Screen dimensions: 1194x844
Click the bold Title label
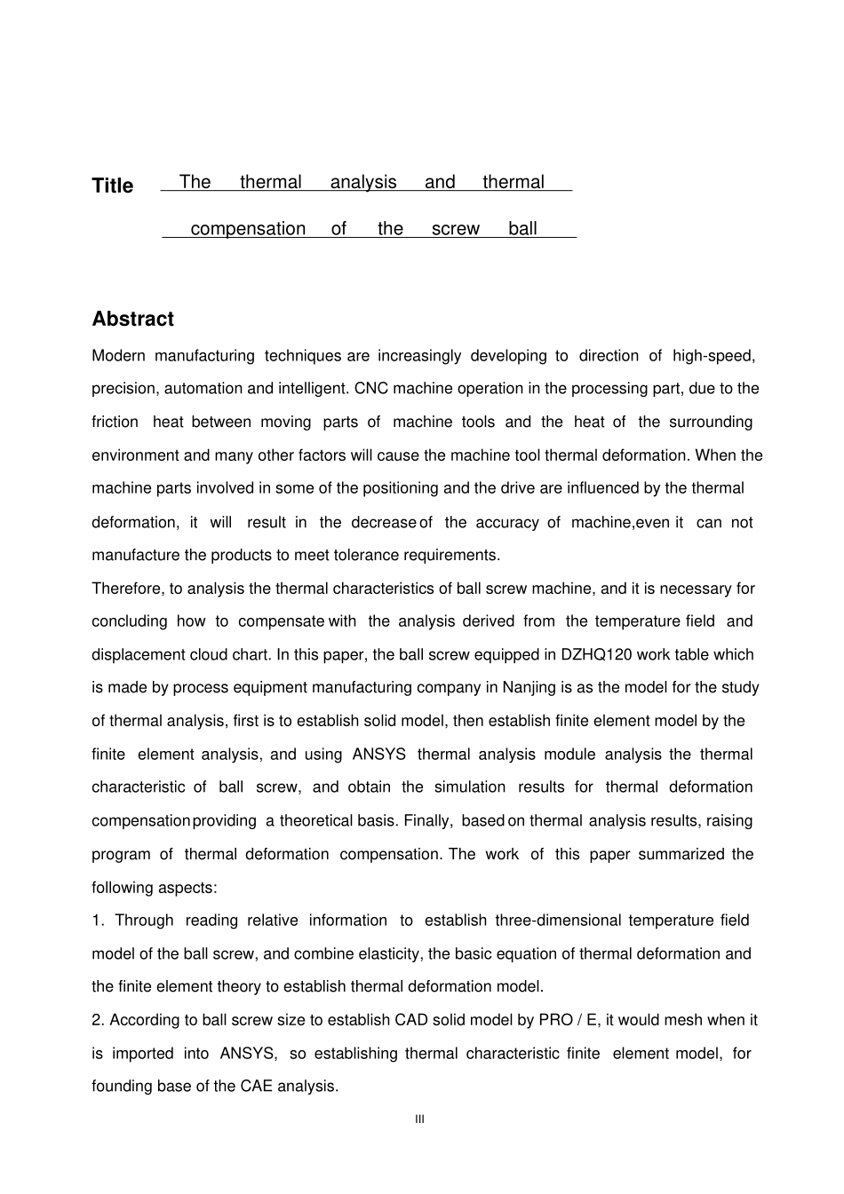pos(113,186)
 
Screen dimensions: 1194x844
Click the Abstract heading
pos(132,319)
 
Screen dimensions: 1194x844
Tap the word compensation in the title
pos(248,229)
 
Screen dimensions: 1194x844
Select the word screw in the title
pos(455,229)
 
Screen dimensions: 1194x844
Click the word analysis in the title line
pos(363,182)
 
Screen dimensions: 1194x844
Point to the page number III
pos(420,1119)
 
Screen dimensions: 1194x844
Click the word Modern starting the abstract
pos(118,356)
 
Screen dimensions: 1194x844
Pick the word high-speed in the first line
pos(713,356)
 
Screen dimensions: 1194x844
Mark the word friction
pos(115,423)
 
